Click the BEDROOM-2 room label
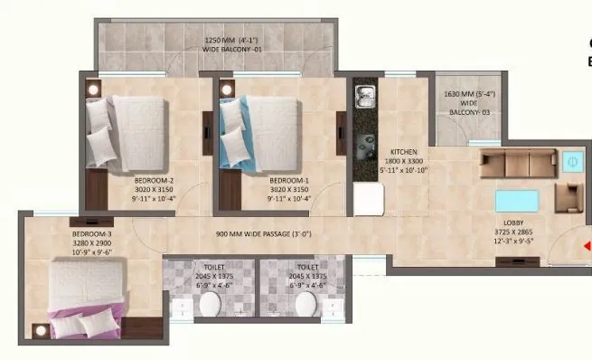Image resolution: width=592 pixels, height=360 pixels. pos(154,180)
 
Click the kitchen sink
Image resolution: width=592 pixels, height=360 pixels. pos(364,97)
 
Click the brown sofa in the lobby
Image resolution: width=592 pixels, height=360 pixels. pos(518,164)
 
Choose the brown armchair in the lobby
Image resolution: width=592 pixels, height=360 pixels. pos(569,196)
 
